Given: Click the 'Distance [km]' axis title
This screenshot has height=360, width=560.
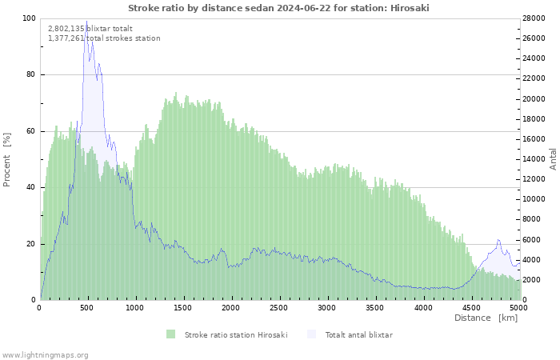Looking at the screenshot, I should pyautogui.click(x=486, y=318).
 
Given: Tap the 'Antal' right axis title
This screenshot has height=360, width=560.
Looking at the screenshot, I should pyautogui.click(x=552, y=158).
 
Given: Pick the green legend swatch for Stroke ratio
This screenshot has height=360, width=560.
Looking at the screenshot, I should pyautogui.click(x=170, y=334).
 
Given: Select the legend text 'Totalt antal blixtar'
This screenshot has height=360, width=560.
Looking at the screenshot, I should pyautogui.click(x=358, y=334).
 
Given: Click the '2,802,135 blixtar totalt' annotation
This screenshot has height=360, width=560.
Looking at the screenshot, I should pyautogui.click(x=90, y=28).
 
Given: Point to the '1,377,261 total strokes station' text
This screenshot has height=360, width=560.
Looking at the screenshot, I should pyautogui.click(x=104, y=38).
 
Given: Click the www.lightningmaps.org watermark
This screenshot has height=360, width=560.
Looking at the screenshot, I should pyautogui.click(x=45, y=354).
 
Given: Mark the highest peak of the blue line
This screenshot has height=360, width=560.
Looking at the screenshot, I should pyautogui.click(x=86, y=22).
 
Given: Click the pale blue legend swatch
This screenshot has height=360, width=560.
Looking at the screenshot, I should pyautogui.click(x=311, y=334).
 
